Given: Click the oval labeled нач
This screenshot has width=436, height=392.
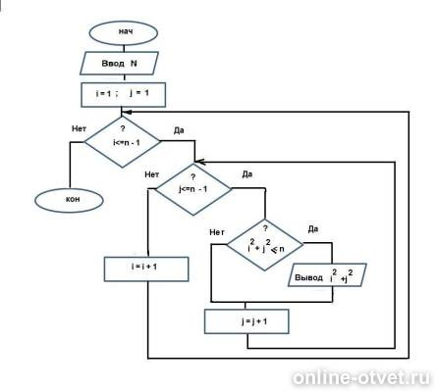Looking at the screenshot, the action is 124,33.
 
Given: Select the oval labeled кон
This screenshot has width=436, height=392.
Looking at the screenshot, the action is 69,200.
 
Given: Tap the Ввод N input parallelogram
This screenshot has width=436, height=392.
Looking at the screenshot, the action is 119,63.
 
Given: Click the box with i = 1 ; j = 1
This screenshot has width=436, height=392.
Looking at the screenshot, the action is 124,95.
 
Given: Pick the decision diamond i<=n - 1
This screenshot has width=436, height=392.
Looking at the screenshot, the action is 123,141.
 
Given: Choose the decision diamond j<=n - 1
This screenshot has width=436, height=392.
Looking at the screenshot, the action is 193,189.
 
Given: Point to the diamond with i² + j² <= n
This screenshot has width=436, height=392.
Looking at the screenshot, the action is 265,245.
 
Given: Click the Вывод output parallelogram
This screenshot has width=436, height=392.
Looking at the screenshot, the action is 327,275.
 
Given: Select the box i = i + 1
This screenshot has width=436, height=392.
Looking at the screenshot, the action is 146,269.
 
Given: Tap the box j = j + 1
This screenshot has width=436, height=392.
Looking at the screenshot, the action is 246,321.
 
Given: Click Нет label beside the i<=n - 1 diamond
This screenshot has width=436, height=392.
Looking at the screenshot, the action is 79,128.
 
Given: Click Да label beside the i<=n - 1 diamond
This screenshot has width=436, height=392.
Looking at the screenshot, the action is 179,130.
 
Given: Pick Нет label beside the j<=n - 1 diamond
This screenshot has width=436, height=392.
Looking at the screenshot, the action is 152,174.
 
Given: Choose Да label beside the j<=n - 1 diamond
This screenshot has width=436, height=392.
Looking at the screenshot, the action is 247,174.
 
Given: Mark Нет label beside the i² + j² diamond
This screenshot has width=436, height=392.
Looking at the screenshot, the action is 217,232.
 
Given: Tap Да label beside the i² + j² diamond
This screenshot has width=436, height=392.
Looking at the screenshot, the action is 313,229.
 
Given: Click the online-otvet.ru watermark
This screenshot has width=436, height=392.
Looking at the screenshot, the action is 361,377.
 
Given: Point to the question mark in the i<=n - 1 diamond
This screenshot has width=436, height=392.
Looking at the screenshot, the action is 123,128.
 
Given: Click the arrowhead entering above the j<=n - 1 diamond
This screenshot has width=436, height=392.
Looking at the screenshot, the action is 199,162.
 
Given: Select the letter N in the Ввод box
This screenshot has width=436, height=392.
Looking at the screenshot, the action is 134,63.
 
